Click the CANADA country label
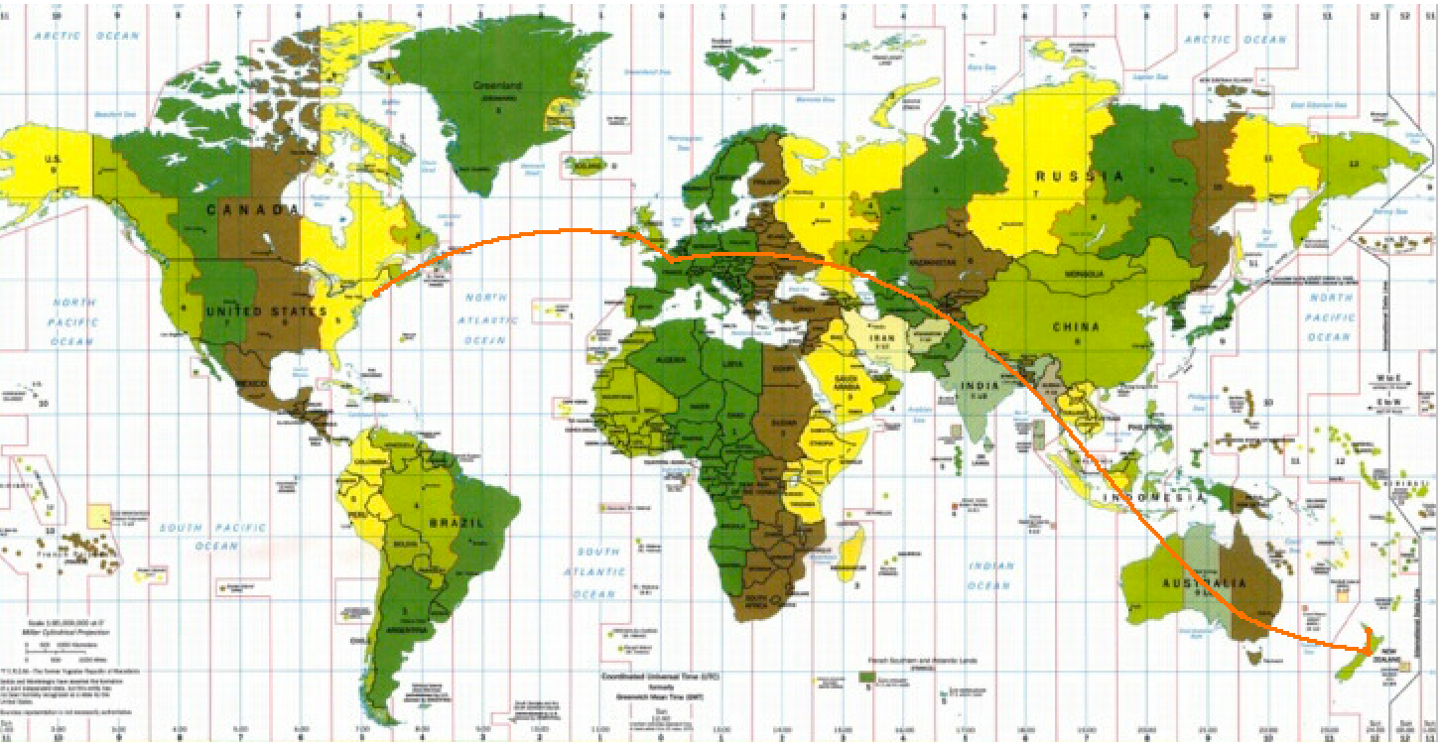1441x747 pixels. tap(253, 210)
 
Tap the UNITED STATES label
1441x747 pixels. tap(266, 311)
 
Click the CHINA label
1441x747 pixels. tap(1076, 327)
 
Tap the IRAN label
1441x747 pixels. tap(884, 337)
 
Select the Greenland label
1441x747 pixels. tap(501, 85)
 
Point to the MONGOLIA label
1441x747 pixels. tap(1085, 275)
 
